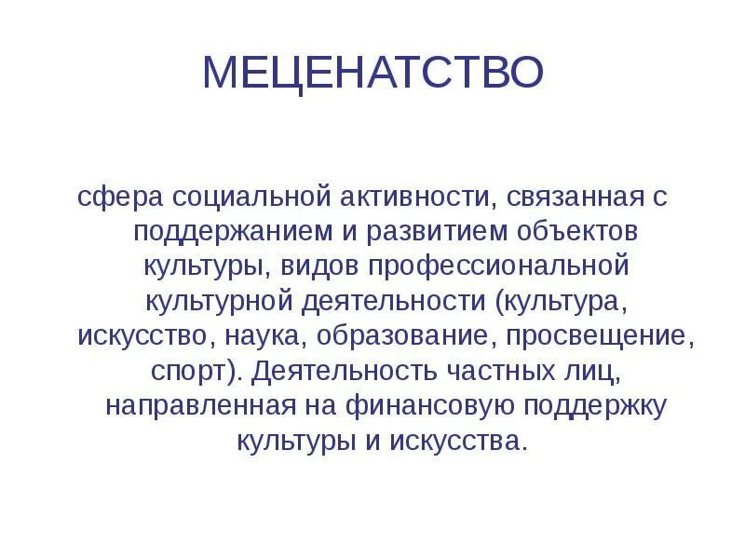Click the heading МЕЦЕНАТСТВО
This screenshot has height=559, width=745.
372,73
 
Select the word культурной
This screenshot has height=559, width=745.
219,300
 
